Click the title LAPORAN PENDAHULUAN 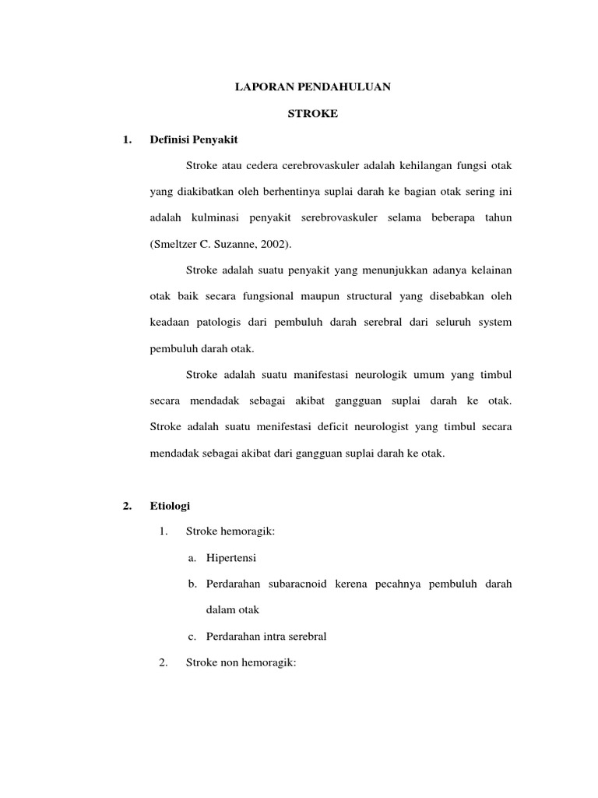313,88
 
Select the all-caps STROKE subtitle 313,114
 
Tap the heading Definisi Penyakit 194,139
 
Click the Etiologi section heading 170,506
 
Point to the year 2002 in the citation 273,244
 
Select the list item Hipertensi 231,558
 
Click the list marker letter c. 191,636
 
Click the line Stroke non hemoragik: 241,662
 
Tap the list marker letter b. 192,584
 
